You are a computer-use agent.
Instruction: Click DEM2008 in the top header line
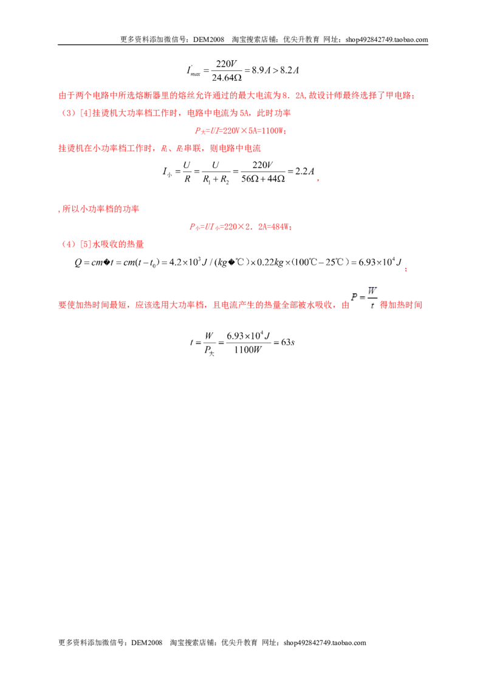point(208,39)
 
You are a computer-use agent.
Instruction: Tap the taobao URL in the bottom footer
point(324,643)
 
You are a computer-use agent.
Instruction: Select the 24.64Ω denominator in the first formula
point(227,78)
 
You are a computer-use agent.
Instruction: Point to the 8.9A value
point(261,70)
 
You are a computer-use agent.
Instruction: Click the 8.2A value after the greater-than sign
point(290,70)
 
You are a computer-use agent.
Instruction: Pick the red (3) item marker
point(69,113)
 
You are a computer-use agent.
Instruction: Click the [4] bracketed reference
point(86,113)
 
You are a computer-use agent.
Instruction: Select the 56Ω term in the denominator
point(250,179)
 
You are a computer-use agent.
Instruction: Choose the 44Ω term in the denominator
point(276,179)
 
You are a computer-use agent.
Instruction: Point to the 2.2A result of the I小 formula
point(305,171)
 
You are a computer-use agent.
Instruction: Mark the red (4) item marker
point(69,244)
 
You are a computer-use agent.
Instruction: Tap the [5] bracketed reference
point(86,244)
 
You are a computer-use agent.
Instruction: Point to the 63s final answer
point(288,342)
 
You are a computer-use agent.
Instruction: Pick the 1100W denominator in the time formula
point(248,350)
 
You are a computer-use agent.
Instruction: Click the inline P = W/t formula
point(364,297)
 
